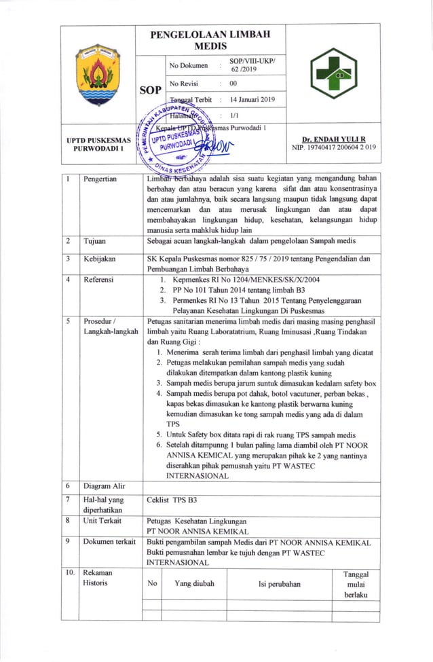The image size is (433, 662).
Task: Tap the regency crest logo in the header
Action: click(x=98, y=75)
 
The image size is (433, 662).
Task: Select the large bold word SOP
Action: click(x=150, y=89)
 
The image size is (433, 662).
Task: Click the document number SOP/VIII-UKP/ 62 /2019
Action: click(x=252, y=65)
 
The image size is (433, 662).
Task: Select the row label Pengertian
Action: click(x=100, y=179)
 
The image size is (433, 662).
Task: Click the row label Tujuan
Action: click(x=94, y=241)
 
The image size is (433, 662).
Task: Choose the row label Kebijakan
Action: click(x=98, y=259)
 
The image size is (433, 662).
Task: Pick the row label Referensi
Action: click(x=98, y=279)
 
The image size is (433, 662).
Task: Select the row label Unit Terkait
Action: click(x=102, y=521)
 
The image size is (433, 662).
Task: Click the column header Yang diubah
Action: click(x=194, y=583)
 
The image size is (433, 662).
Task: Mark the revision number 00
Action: click(x=233, y=84)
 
